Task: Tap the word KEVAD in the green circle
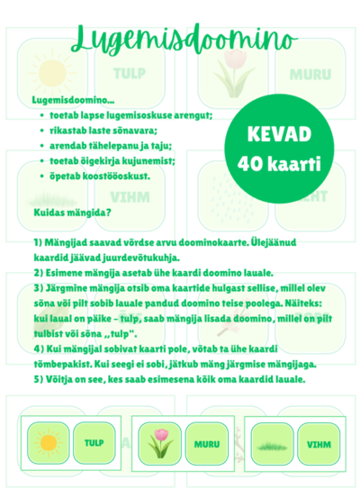click(x=278, y=134)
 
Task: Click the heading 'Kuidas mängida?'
click(x=71, y=213)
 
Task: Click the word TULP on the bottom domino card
click(x=94, y=442)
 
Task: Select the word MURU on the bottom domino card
click(x=209, y=443)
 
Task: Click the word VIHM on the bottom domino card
click(x=319, y=443)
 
